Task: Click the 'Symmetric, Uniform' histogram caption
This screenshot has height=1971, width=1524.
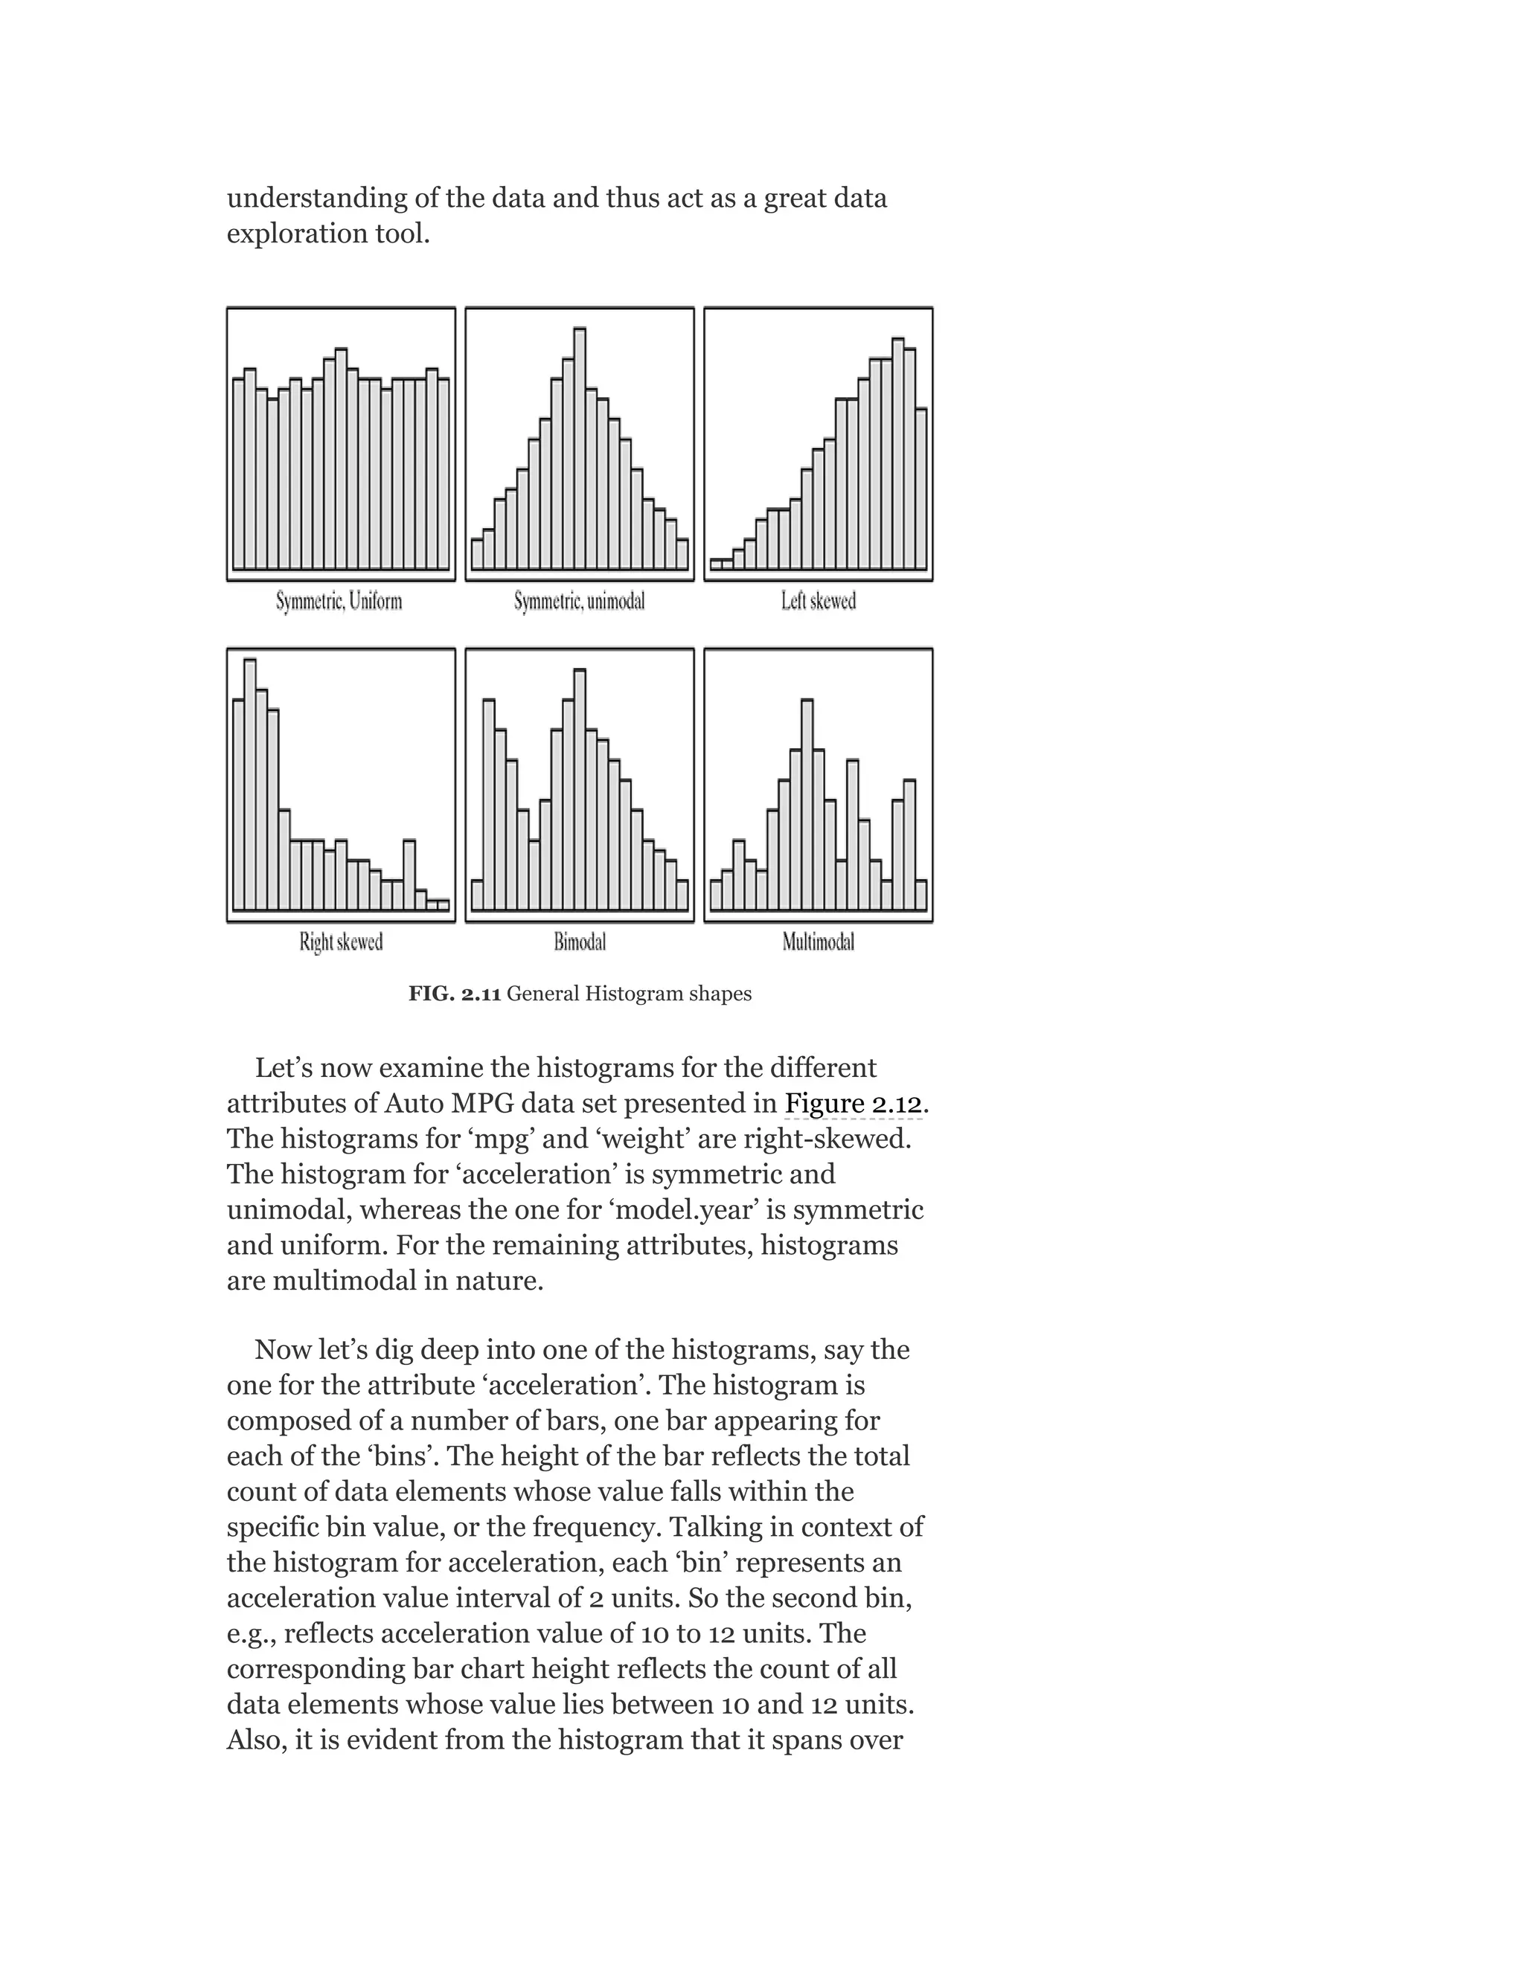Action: click(x=339, y=601)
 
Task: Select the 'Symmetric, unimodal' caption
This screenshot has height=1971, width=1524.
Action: click(x=580, y=601)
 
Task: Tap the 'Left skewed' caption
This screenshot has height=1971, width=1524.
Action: click(x=818, y=601)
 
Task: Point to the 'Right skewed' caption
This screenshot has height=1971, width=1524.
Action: click(x=342, y=942)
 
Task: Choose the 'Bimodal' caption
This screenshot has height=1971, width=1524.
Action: click(x=580, y=942)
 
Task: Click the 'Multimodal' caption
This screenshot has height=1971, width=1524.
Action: click(x=818, y=942)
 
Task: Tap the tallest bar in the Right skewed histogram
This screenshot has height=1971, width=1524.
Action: click(x=250, y=785)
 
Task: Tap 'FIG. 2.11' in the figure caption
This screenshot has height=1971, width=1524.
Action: click(x=454, y=994)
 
